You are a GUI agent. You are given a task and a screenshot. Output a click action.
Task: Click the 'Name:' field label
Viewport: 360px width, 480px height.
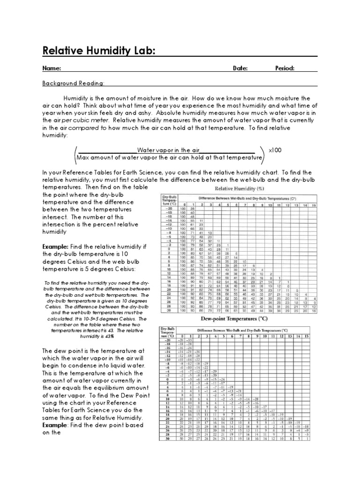(52, 68)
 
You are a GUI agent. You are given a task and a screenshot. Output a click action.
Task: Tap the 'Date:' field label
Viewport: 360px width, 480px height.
(240, 68)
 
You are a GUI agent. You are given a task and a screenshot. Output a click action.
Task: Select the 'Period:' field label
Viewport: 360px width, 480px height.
(285, 68)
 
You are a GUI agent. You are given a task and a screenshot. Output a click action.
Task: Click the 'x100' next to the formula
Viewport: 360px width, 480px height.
(275, 150)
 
